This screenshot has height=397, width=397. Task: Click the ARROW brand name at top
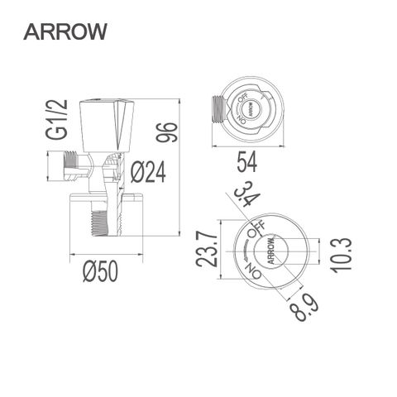pos(65,31)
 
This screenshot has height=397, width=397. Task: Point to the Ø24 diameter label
pos(150,172)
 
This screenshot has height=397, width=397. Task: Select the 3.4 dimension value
pos(243,198)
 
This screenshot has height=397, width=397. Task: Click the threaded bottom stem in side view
pos(98,223)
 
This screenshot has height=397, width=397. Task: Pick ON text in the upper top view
pos(241,119)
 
